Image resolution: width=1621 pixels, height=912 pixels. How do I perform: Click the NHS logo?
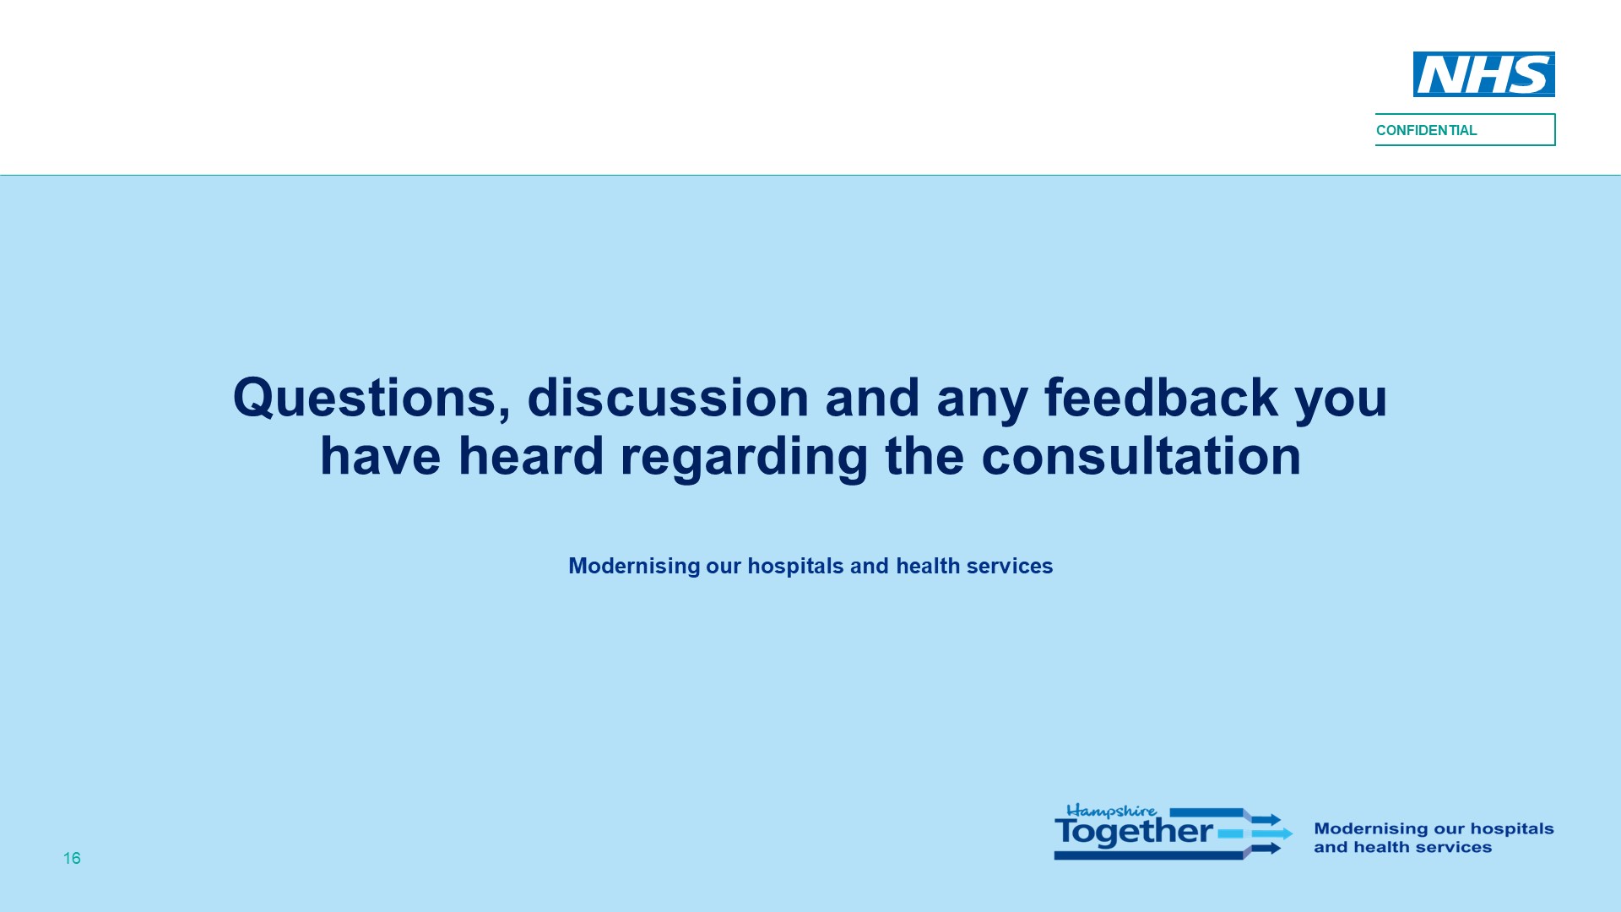tap(1483, 74)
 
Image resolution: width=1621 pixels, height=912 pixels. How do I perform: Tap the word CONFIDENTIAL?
tap(1426, 130)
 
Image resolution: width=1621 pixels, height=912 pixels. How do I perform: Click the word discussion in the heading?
tap(668, 397)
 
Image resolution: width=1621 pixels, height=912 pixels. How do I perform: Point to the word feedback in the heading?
tap(1161, 397)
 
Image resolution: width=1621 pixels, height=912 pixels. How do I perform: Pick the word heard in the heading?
tap(530, 456)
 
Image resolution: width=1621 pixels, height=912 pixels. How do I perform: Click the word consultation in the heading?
tap(1141, 456)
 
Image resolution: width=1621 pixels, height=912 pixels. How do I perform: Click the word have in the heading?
tap(380, 456)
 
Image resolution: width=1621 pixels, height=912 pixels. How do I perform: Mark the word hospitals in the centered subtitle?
tap(795, 567)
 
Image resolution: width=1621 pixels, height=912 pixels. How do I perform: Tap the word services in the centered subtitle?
tap(1010, 566)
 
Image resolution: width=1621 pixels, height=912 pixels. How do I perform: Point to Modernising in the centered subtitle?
tap(634, 566)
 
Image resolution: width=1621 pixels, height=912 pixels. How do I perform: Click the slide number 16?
tap(72, 858)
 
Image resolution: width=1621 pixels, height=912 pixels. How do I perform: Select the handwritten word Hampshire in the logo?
tap(1111, 812)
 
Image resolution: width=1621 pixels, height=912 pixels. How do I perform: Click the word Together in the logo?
tap(1134, 832)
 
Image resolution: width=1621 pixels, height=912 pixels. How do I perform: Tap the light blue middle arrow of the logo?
tap(1255, 833)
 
